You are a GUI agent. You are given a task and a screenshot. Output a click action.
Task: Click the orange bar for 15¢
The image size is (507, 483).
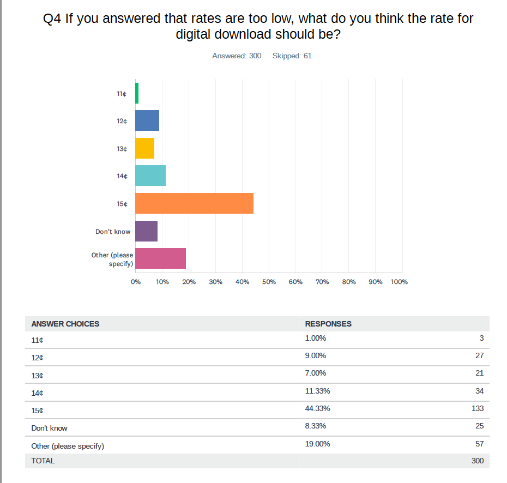tap(194, 203)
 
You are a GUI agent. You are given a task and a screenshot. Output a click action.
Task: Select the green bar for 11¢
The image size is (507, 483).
tap(137, 93)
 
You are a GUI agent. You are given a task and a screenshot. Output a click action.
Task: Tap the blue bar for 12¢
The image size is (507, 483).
tap(147, 120)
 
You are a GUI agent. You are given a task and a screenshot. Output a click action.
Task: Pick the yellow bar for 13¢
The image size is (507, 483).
tap(144, 148)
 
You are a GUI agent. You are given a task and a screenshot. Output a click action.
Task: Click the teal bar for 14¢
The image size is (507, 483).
tap(150, 176)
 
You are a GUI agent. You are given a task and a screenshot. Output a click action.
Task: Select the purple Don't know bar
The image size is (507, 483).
tap(146, 231)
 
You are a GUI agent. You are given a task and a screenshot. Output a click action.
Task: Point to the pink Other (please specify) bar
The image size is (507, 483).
tap(160, 258)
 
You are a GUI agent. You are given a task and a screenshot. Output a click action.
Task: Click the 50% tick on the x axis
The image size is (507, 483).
tap(269, 282)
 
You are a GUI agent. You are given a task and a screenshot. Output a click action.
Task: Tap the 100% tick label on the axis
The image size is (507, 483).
tap(399, 282)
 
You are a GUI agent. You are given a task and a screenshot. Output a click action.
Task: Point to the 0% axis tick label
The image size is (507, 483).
tap(136, 282)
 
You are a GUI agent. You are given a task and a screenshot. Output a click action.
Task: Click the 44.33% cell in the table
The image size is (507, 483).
tap(317, 408)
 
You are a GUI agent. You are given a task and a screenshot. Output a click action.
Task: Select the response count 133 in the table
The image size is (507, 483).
tap(477, 408)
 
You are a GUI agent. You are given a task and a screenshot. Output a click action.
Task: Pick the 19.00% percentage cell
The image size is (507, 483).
tap(317, 444)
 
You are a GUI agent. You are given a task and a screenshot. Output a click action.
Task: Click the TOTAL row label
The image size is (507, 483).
tap(43, 461)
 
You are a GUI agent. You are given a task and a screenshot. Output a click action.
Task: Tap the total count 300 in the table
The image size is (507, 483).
tap(477, 461)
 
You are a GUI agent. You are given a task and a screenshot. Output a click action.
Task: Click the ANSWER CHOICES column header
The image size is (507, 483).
tap(65, 324)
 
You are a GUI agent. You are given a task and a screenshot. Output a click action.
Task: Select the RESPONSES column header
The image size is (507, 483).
tap(328, 324)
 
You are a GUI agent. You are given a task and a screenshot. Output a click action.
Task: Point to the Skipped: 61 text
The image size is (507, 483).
tap(292, 56)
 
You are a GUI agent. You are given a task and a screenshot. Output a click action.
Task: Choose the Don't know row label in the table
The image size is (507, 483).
tap(50, 428)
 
